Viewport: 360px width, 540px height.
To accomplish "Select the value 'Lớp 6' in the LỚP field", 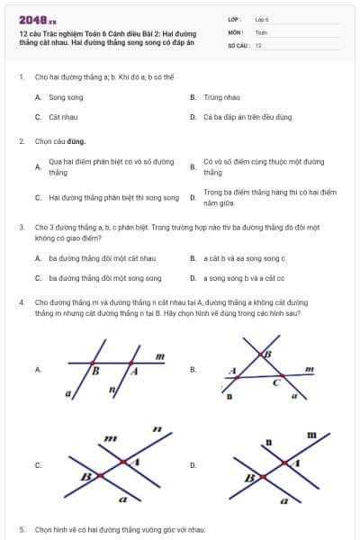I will pos(262,18).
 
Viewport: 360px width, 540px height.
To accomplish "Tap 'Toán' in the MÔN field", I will pos(262,31).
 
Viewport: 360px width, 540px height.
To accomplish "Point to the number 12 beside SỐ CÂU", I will pos(258,45).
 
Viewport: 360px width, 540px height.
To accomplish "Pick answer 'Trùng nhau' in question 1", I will pos(219,96).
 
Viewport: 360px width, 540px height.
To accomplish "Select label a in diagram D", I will pos(284,498).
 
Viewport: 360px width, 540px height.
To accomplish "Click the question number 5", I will pos(22,529).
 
